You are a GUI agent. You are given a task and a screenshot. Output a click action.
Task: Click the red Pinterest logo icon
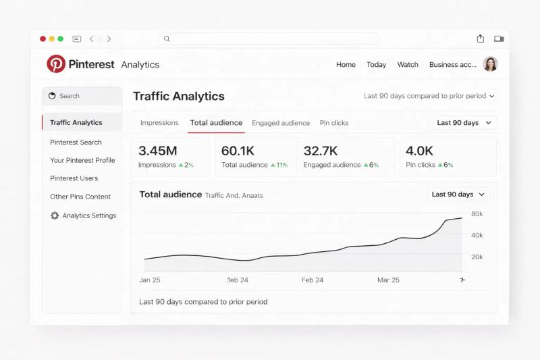(x=56, y=64)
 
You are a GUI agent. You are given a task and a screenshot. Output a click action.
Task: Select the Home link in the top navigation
(x=346, y=65)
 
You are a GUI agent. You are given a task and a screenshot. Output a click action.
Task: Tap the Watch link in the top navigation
(x=408, y=65)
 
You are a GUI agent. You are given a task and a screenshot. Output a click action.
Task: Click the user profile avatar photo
(x=491, y=64)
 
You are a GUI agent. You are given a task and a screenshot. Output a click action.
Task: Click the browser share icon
(x=481, y=38)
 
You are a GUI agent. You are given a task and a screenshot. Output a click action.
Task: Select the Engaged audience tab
(x=281, y=123)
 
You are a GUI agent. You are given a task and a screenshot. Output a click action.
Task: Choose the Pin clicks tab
(x=334, y=123)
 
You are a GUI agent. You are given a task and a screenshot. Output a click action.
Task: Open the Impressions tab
(x=159, y=123)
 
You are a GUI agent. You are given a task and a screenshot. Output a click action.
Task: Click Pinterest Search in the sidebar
(x=76, y=143)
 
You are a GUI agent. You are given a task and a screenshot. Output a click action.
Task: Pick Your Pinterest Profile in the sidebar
(x=82, y=161)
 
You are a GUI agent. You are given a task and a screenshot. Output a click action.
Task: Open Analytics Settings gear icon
(x=55, y=215)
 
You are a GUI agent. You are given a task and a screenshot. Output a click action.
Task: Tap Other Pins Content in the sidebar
(x=80, y=197)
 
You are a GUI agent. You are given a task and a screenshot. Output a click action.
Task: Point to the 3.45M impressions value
(x=158, y=151)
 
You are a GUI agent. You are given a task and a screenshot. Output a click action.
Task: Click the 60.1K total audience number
(x=238, y=151)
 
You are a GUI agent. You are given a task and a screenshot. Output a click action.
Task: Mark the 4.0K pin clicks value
(x=420, y=151)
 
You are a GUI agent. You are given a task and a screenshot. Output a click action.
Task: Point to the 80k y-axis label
(x=477, y=214)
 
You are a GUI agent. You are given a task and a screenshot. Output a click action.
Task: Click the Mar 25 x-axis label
(x=388, y=280)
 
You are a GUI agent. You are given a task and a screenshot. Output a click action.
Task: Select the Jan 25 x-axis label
(x=150, y=280)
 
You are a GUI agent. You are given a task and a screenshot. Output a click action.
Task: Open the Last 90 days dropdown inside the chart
(x=458, y=195)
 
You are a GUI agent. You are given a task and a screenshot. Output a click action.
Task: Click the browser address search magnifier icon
(x=167, y=38)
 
